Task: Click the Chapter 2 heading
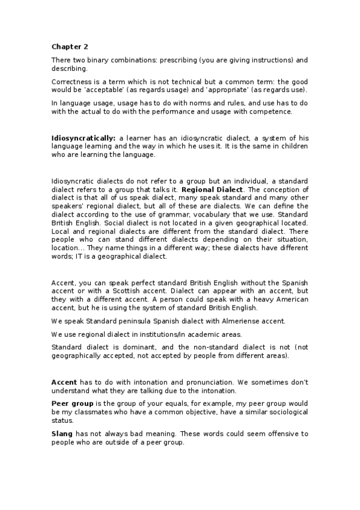click(x=68, y=46)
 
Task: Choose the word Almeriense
click(x=225, y=321)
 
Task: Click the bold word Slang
click(x=63, y=434)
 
